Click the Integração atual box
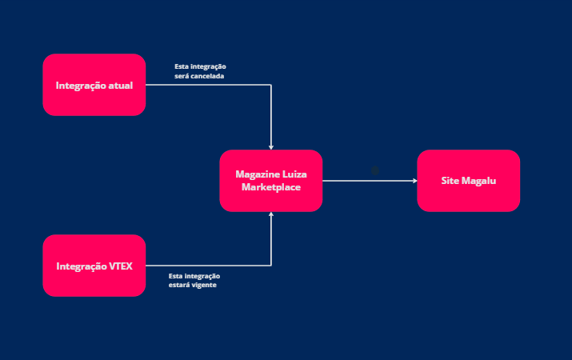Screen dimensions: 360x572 tap(94, 85)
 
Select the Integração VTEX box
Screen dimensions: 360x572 tap(94, 266)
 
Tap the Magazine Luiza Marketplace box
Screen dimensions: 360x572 tap(270, 181)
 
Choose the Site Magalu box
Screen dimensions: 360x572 tap(468, 181)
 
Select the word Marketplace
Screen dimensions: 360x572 tap(270, 187)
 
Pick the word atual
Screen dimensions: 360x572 tap(120, 85)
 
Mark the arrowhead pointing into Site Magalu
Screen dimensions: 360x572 tap(414, 181)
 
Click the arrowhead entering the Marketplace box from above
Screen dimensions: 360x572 tap(271, 146)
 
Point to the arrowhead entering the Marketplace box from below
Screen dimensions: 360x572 tap(271, 215)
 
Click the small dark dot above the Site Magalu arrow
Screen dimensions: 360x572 tap(374, 170)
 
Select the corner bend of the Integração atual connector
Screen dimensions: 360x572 tap(271, 85)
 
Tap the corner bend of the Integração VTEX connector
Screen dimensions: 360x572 tap(271, 266)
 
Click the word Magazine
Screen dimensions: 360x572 tap(255, 174)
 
